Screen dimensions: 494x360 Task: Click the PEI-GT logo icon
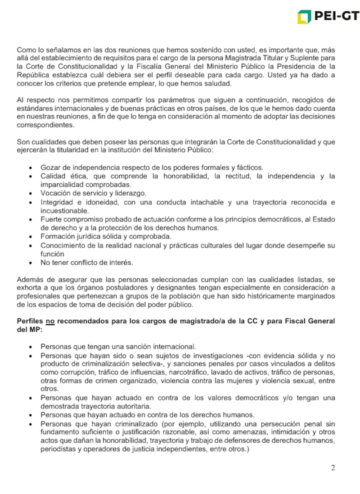[x=304, y=17]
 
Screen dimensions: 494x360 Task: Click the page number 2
[x=333, y=468]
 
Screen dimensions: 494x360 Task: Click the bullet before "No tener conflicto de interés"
[x=30, y=263]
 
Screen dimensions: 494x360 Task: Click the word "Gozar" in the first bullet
[x=50, y=168]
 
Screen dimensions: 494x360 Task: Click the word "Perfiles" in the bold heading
[x=30, y=321]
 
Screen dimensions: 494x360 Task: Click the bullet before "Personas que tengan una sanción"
[x=30, y=347]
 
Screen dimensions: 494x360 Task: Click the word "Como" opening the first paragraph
[x=25, y=49]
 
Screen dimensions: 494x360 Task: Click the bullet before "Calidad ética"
[x=30, y=176]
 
